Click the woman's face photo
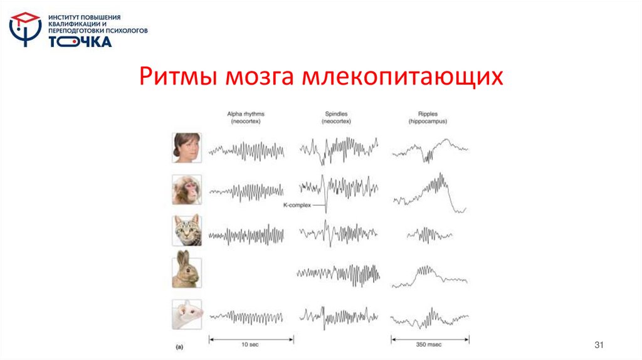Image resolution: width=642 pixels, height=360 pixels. (x=187, y=148)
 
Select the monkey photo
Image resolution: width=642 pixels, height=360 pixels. (x=187, y=189)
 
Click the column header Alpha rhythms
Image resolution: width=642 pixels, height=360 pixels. (x=246, y=117)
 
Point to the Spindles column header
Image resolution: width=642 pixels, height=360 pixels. (x=336, y=117)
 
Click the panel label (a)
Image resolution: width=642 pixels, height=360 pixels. (x=179, y=346)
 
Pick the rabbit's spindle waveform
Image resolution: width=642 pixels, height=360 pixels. (x=339, y=274)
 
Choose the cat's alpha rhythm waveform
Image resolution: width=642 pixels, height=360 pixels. (x=246, y=235)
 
